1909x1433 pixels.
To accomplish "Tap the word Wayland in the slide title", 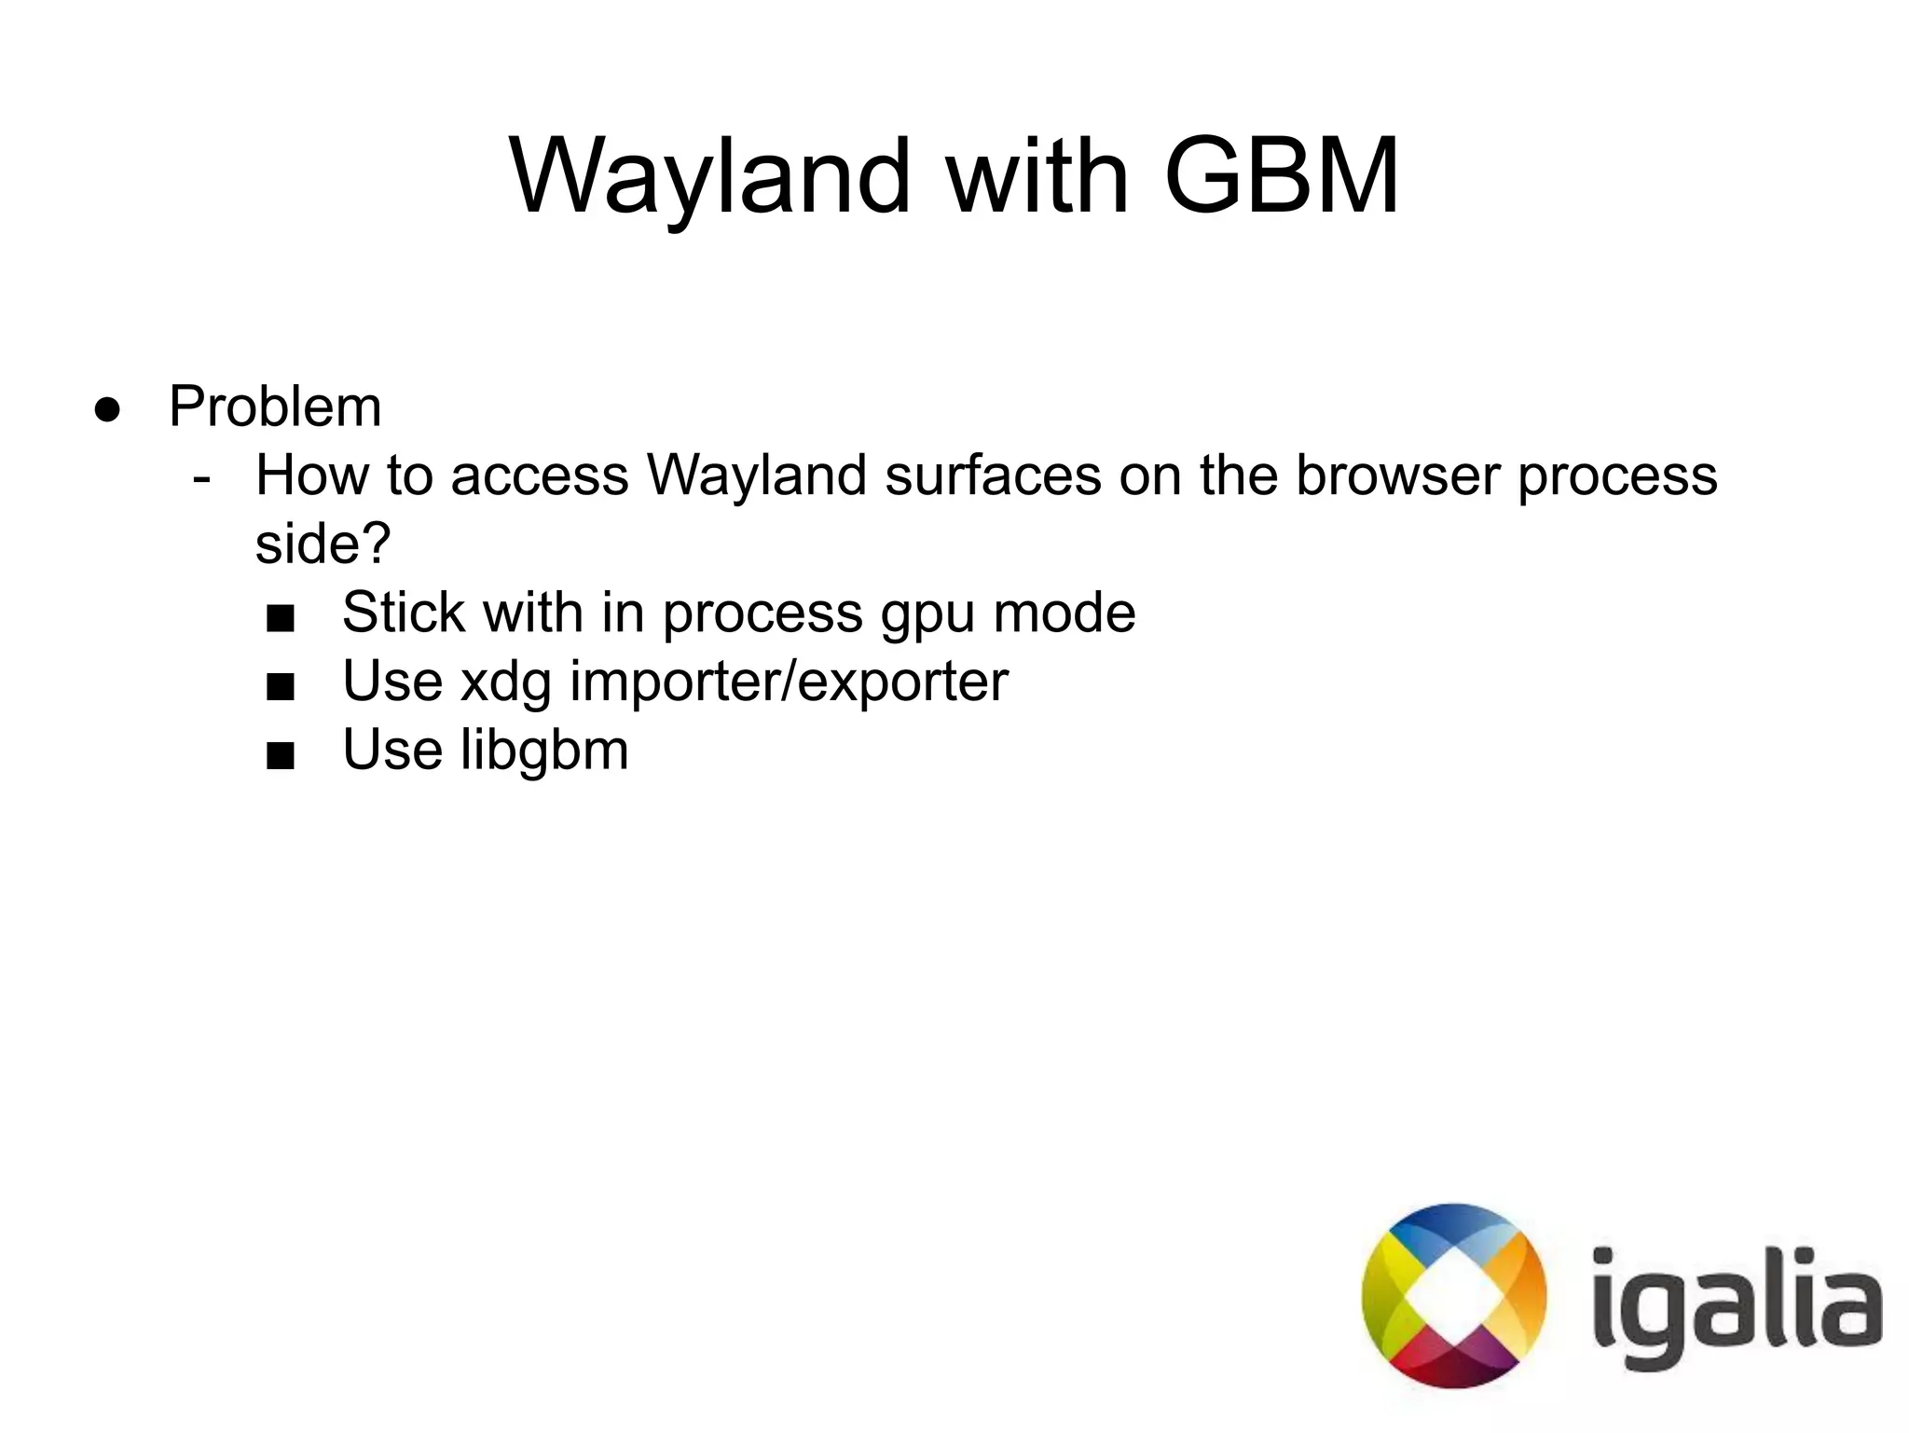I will click(x=709, y=177).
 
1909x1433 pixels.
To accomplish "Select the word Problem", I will click(x=275, y=407).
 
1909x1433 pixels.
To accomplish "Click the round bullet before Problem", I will click(x=108, y=409).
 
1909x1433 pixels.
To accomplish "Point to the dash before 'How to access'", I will click(x=201, y=477).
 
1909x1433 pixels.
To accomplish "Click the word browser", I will click(x=1398, y=475).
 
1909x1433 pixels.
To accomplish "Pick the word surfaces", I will click(x=993, y=475).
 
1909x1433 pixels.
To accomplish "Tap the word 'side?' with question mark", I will click(x=323, y=544).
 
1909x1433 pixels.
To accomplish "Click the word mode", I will click(x=1064, y=613).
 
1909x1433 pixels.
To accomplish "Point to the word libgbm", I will click(x=544, y=751).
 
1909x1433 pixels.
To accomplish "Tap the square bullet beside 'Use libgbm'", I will click(x=281, y=754).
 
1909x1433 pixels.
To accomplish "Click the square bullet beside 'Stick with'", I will click(x=281, y=617).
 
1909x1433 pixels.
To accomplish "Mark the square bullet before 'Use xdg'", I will click(x=281, y=687).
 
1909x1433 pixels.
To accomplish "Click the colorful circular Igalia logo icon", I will click(x=1453, y=1296).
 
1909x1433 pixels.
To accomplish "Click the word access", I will click(x=540, y=476).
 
